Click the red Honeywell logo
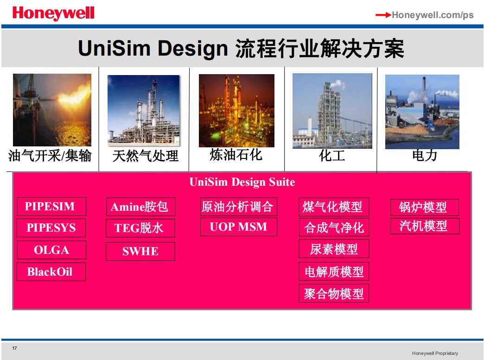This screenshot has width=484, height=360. pos(53,13)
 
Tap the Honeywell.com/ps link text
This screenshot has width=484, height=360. pos(433,15)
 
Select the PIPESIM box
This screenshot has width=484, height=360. pos(51,206)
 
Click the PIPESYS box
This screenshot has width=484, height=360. pos(51,228)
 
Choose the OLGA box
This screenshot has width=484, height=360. pos(51,250)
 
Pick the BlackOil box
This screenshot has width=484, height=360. pos(51,272)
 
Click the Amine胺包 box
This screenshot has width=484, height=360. pos(141,207)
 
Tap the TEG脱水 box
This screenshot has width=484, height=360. pos(140,228)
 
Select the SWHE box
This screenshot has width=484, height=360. pos(140,252)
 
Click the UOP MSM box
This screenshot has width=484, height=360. pos(239,227)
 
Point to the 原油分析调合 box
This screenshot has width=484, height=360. pos(239,207)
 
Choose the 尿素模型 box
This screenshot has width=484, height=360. pos(334,249)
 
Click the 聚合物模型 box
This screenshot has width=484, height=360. pos(334,293)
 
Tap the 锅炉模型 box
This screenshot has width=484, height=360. pos(424,207)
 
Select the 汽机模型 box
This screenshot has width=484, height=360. pos(425,226)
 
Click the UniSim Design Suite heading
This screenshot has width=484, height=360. pos(242,182)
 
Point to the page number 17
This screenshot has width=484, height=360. pos(14,348)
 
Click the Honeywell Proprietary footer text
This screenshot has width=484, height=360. pos(435,353)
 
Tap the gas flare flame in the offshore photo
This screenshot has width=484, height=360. pos(74,94)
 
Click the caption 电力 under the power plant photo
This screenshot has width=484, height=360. pos(425,155)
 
